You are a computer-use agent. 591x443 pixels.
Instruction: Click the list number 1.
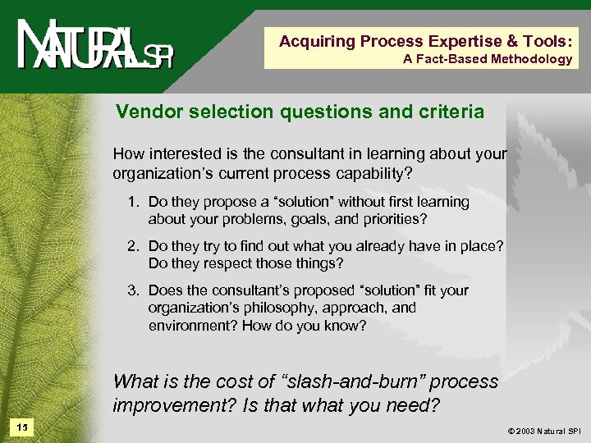point(133,202)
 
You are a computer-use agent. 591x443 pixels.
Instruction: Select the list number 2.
point(133,247)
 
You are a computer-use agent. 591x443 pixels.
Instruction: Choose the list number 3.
point(133,290)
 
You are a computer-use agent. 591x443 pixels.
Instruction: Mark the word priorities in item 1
point(397,219)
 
